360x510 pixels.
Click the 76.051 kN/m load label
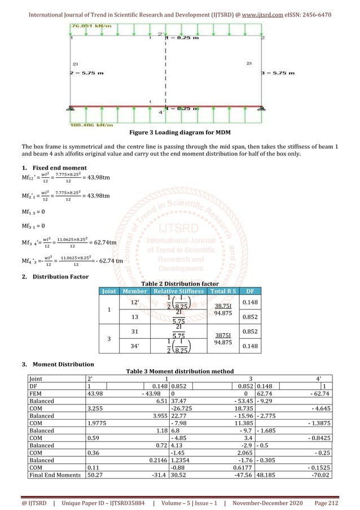tap(90, 26)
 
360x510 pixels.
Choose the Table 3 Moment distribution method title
tap(179, 371)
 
